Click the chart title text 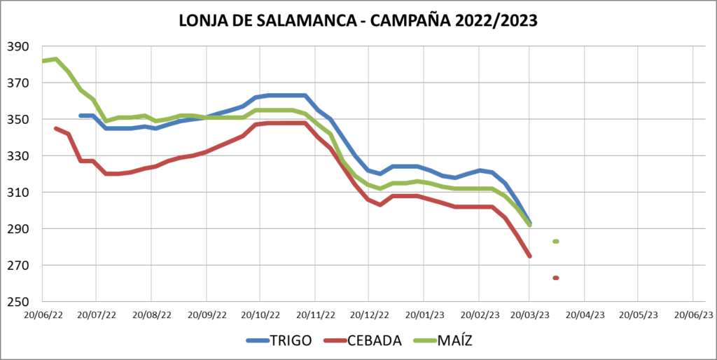click(x=358, y=20)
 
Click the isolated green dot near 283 click(x=556, y=242)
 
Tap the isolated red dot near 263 click(x=556, y=278)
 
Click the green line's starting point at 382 click(x=43, y=61)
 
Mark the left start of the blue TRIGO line click(x=81, y=116)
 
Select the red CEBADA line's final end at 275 click(x=530, y=256)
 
